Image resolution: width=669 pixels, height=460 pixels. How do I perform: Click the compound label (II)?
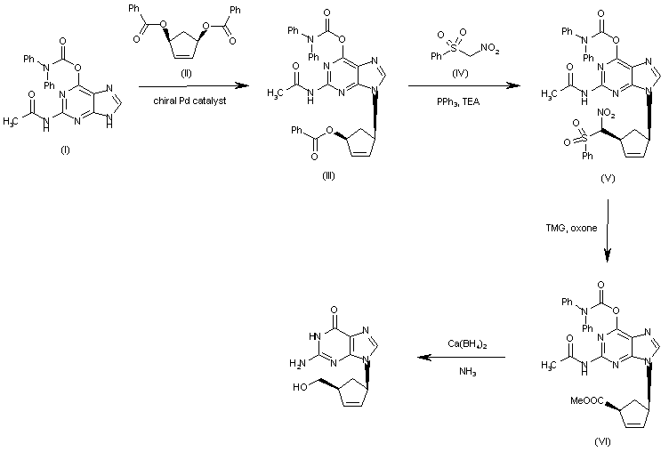189,88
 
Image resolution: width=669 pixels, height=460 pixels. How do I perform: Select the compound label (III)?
328,175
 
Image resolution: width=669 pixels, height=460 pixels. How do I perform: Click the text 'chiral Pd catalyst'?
190,103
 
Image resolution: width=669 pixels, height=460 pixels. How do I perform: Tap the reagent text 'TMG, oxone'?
571,227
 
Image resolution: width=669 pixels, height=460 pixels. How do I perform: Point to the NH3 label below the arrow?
468,373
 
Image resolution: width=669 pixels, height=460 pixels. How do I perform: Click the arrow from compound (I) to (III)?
189,85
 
